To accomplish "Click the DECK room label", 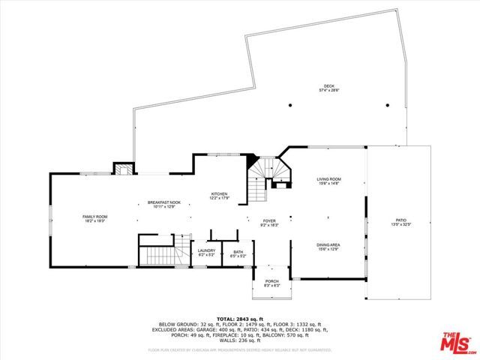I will pyautogui.click(x=328, y=86).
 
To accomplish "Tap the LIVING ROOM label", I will pyautogui.click(x=328, y=179).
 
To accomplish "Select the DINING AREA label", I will pyautogui.click(x=328, y=244).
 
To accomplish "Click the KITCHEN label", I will pyautogui.click(x=219, y=193).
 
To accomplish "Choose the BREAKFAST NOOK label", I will pyautogui.click(x=164, y=202).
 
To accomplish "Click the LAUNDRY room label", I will pyautogui.click(x=206, y=251).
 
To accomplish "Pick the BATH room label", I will pyautogui.click(x=238, y=251).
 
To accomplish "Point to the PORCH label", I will pyautogui.click(x=271, y=281).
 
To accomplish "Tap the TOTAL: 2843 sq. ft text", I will pyautogui.click(x=239, y=319).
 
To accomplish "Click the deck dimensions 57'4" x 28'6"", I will pyautogui.click(x=328, y=91).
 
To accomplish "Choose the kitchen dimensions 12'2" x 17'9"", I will pyautogui.click(x=219, y=198).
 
